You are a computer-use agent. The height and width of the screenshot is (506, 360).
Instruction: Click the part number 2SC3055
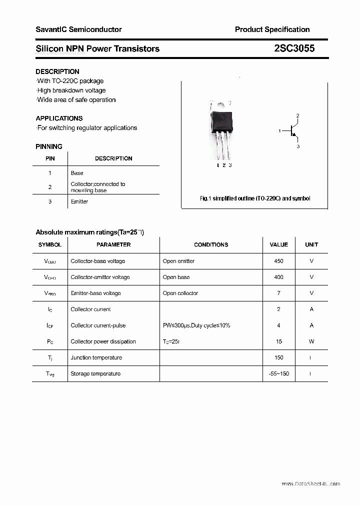294,48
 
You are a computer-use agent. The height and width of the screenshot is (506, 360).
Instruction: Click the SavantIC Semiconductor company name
78,29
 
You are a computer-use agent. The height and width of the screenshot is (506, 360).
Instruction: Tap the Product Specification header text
272,29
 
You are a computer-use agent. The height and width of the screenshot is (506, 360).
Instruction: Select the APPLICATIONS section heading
59,118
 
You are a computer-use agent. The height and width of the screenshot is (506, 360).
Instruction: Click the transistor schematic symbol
293,131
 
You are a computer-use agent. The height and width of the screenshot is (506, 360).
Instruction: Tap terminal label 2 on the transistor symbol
297,116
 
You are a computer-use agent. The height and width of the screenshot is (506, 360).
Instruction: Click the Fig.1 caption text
254,198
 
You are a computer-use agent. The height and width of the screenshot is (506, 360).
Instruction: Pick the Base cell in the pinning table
77,173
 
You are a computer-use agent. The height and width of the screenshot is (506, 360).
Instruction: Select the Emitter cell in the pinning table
79,201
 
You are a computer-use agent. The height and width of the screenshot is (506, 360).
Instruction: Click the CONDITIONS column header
211,244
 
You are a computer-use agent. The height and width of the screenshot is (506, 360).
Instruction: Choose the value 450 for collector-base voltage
278,261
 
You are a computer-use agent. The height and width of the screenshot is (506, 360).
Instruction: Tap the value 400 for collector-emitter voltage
278,277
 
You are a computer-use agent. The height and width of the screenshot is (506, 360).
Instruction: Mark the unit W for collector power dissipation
311,341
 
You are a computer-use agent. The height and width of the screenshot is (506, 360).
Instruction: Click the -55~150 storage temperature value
278,373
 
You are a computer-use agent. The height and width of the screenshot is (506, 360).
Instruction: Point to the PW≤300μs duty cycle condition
196,325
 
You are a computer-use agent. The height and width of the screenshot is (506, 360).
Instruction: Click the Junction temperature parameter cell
96,357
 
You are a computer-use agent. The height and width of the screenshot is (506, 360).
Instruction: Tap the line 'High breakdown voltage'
71,90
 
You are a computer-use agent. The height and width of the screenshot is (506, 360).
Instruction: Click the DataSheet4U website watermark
310,483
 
